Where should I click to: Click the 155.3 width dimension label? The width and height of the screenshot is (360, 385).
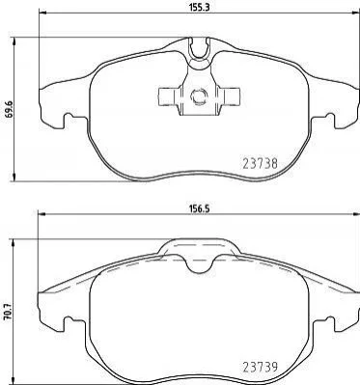(200, 7)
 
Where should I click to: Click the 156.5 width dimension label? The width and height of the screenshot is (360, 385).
(199, 208)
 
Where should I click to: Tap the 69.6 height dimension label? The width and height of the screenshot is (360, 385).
(9, 110)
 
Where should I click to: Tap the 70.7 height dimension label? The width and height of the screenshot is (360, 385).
(9, 312)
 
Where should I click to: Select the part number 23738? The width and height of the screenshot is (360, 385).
(260, 164)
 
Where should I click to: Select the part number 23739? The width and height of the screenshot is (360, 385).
(260, 366)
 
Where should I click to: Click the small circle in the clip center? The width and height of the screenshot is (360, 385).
(199, 96)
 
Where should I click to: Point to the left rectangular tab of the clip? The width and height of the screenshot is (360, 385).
(168, 96)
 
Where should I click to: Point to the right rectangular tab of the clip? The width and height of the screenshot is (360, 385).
(229, 96)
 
